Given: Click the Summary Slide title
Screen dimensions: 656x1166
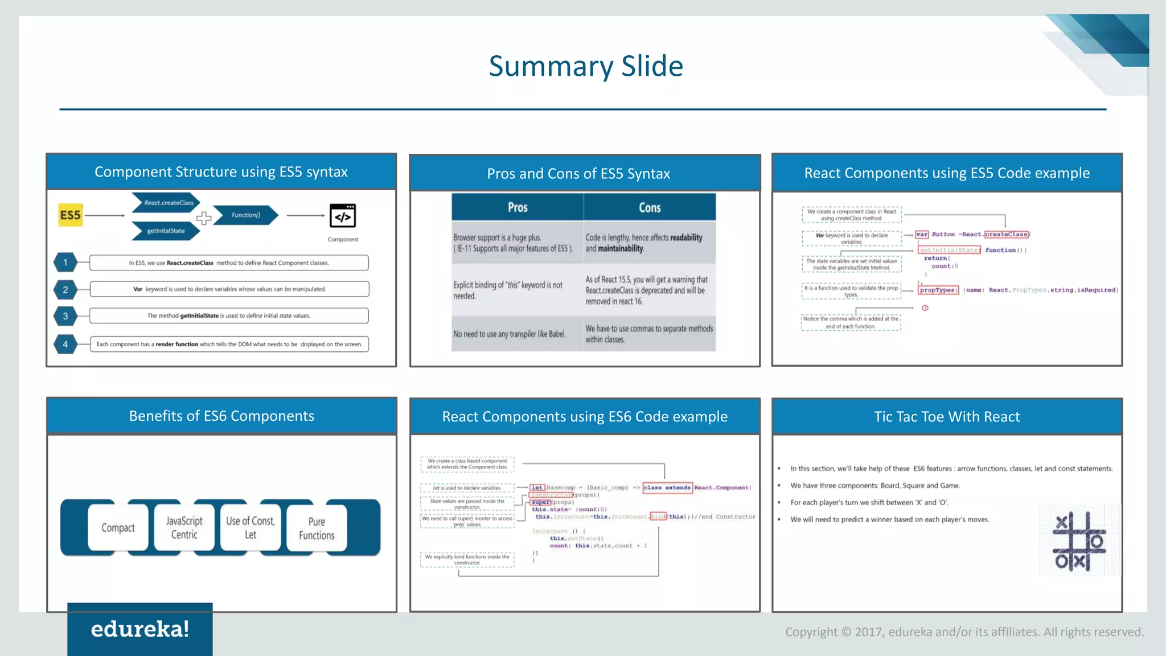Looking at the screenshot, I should tap(585, 66).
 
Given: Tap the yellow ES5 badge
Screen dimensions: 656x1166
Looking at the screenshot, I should tap(71, 215).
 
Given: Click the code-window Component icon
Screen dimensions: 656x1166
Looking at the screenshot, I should tap(343, 216).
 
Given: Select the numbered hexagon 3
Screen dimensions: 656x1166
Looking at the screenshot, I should tap(65, 316).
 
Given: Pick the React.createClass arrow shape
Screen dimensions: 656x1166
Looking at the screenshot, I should tap(166, 203).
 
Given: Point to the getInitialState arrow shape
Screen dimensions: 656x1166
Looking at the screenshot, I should tap(166, 231).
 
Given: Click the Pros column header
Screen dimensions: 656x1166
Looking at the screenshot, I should tap(518, 207).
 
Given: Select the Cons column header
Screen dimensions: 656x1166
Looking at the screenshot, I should tap(650, 208).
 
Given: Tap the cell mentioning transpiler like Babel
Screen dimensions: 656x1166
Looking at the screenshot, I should tap(510, 334).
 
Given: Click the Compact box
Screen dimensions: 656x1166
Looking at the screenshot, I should tap(118, 528).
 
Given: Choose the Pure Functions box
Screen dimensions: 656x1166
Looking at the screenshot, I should tap(317, 528).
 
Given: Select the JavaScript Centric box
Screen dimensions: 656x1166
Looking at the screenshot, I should tap(184, 528).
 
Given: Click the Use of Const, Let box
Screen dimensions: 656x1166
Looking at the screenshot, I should tap(251, 528).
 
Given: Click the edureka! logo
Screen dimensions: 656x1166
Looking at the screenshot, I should tap(140, 629).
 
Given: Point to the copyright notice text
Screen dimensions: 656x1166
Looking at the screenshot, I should tap(964, 632).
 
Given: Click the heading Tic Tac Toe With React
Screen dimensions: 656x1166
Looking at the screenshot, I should tap(947, 417).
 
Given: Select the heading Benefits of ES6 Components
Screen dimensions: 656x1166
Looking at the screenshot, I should tap(221, 416).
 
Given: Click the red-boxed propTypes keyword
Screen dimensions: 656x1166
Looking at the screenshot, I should tap(938, 290).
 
